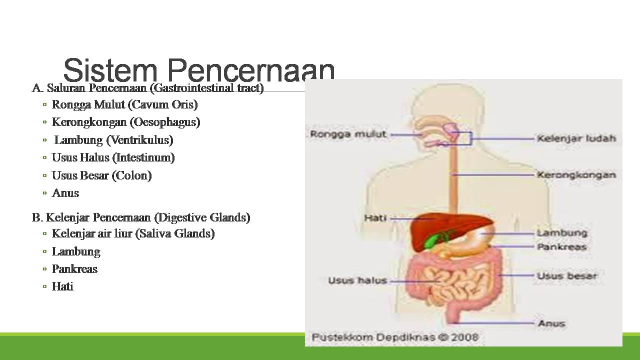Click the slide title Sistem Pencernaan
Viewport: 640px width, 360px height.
point(199,70)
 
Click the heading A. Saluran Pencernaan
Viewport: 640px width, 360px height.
point(148,88)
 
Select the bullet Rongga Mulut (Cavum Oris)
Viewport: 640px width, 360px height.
point(124,104)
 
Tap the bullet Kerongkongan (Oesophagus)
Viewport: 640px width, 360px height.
point(126,122)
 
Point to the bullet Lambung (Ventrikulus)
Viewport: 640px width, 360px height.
point(113,140)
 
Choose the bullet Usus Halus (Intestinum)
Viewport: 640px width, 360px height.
point(113,157)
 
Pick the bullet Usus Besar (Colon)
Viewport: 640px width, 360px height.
point(101,175)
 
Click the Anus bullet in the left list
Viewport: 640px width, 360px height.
point(65,193)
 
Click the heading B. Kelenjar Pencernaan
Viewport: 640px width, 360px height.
point(141,217)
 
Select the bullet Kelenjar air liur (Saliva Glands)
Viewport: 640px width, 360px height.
point(133,233)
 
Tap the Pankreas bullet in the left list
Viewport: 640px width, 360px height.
point(74,269)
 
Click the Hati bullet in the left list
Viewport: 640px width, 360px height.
point(62,286)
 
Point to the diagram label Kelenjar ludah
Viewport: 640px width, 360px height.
point(576,138)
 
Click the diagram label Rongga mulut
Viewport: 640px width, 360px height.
point(348,134)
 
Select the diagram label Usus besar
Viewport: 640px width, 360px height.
point(567,275)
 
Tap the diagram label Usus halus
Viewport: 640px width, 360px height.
point(357,280)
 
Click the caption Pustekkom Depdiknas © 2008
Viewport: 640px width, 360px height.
point(395,337)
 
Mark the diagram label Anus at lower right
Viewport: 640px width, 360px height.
point(551,323)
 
